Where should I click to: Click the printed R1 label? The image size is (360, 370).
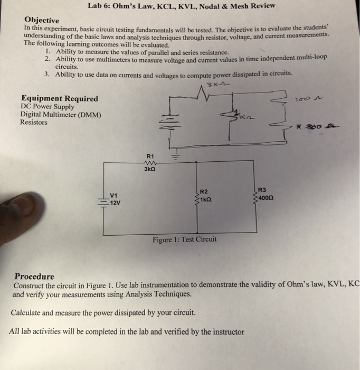[x=150, y=156]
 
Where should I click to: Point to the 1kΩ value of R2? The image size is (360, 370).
[x=206, y=200]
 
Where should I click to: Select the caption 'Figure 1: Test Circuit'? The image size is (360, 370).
[x=184, y=239]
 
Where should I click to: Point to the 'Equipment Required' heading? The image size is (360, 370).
[x=59, y=99]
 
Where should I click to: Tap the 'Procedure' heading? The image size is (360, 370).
[x=34, y=276]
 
